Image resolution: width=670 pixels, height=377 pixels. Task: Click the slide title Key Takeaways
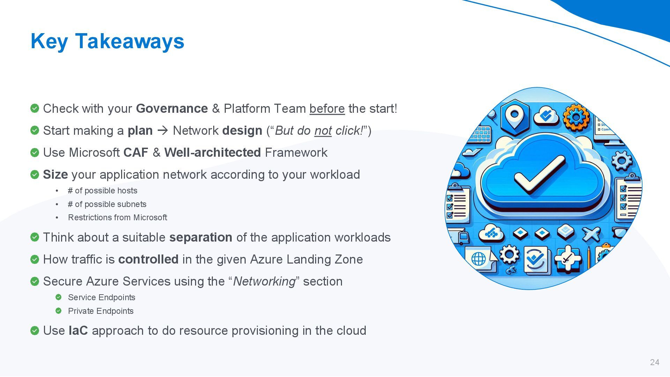tap(107, 41)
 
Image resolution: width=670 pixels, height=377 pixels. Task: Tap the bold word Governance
tap(172, 109)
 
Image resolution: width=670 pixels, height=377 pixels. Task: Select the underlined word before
tap(327, 109)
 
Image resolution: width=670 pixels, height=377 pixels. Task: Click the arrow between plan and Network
tap(163, 131)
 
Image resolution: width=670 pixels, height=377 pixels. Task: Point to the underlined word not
tap(323, 131)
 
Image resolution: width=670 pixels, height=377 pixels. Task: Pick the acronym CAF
tap(136, 153)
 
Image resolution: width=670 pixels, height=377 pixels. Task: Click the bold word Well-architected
tap(213, 153)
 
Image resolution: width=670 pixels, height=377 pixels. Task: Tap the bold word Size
tap(55, 175)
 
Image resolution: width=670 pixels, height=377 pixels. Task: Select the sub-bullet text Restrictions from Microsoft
tap(118, 217)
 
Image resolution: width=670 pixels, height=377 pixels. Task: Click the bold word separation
tap(201, 237)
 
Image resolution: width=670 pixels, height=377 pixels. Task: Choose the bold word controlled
tap(148, 259)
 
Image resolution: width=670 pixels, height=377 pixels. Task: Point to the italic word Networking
tap(264, 281)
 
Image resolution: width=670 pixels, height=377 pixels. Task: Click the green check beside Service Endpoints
tap(59, 297)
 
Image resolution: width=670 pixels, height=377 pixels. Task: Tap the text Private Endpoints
tap(101, 311)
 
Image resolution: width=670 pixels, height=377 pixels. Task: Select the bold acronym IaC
tap(78, 331)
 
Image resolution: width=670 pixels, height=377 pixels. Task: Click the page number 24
tap(655, 362)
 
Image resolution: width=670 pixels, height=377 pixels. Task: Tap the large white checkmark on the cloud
tap(539, 175)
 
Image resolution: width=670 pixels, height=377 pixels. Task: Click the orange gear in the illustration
tap(576, 117)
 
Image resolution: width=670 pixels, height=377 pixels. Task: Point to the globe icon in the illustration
tap(478, 259)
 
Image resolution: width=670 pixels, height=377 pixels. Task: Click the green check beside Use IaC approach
tap(35, 331)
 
